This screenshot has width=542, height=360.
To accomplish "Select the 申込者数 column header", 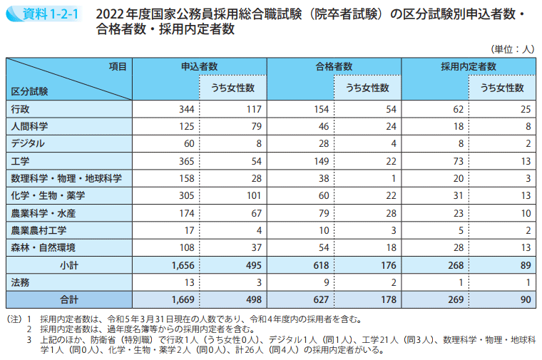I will [199, 66].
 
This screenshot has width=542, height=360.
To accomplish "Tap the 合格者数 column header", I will [334, 66].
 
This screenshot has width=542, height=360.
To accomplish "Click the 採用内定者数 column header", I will [468, 66].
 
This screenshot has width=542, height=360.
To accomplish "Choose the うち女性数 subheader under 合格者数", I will [367, 88].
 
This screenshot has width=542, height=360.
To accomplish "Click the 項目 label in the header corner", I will [118, 66].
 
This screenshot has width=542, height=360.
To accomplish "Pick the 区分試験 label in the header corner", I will [29, 92].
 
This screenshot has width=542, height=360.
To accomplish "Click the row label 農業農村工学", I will [39, 230].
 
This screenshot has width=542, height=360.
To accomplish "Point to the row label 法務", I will [20, 282].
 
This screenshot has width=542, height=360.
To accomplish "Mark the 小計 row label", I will [69, 265].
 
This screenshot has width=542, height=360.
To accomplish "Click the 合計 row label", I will [69, 300].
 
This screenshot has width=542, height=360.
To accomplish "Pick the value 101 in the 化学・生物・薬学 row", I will [252, 196].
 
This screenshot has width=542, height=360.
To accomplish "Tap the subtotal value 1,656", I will [183, 265].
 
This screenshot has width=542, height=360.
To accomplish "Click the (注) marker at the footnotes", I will [15, 320].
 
